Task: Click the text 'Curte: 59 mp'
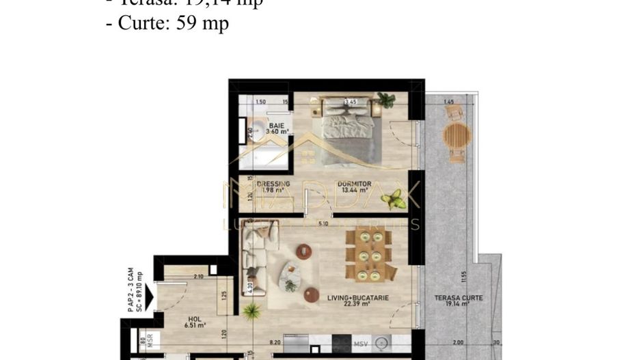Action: click(174, 23)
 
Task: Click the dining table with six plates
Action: click(368, 255)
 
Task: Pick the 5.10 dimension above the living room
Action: click(323, 223)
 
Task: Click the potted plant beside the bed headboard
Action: click(386, 100)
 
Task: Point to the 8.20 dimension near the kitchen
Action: click(275, 343)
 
